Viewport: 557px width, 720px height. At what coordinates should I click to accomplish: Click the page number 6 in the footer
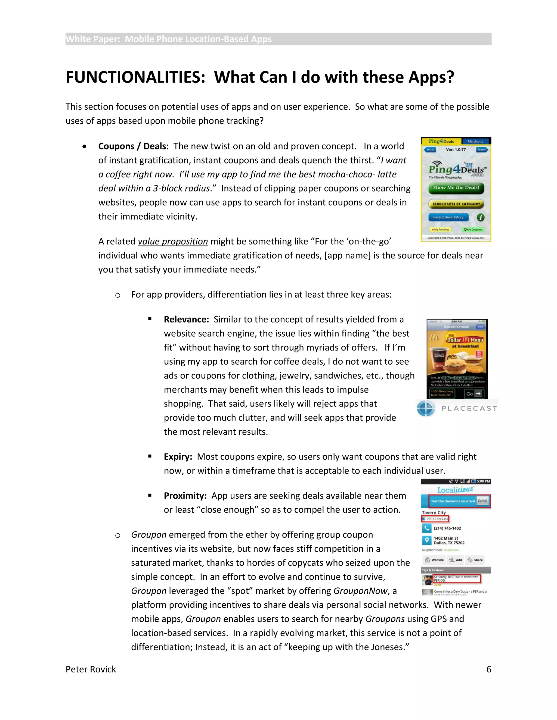pyautogui.click(x=489, y=669)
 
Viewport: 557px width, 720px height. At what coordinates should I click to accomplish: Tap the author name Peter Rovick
pyautogui.click(x=91, y=669)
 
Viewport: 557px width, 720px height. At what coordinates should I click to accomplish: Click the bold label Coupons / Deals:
pyautogui.click(x=133, y=146)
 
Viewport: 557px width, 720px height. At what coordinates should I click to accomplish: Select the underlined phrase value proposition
pyautogui.click(x=173, y=241)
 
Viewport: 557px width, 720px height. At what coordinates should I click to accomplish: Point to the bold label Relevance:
pyautogui.click(x=186, y=320)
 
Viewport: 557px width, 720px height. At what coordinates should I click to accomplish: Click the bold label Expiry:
pyautogui.click(x=178, y=457)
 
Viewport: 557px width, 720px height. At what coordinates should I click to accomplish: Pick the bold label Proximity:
pyautogui.click(x=185, y=496)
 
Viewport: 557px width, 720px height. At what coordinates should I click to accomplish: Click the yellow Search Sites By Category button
pyautogui.click(x=456, y=204)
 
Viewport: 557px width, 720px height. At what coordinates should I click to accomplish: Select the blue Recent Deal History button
pyautogui.click(x=448, y=217)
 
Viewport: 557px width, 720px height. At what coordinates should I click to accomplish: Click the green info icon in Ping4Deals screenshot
pyautogui.click(x=481, y=217)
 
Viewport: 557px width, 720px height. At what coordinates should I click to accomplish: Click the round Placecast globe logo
pyautogui.click(x=426, y=408)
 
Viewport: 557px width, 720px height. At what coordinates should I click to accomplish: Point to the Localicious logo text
pyautogui.click(x=455, y=490)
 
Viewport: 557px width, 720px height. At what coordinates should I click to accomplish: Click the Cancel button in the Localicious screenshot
pyautogui.click(x=482, y=501)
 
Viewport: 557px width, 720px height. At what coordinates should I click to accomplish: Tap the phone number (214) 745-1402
pyautogui.click(x=447, y=528)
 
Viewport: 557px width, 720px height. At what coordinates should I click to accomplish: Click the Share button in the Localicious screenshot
pyautogui.click(x=475, y=560)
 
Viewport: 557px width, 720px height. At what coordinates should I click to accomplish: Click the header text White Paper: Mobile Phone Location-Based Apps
pyautogui.click(x=169, y=39)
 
